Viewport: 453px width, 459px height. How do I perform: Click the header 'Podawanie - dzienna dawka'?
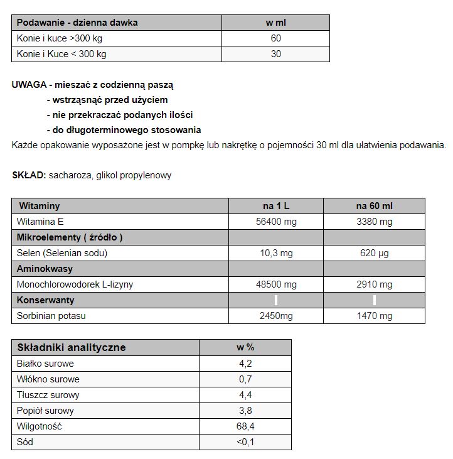pyautogui.click(x=77, y=23)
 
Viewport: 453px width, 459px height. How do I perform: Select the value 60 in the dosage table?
pyautogui.click(x=275, y=38)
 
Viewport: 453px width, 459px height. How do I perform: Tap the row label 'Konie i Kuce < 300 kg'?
pyautogui.click(x=61, y=54)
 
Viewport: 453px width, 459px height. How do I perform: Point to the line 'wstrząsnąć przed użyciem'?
pyautogui.click(x=107, y=100)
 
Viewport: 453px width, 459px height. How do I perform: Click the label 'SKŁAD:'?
pyautogui.click(x=29, y=175)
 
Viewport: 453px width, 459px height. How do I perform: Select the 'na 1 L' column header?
pyautogui.click(x=276, y=206)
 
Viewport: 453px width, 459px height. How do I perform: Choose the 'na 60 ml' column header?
pyautogui.click(x=374, y=206)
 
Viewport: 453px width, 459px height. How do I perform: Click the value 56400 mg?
pyautogui.click(x=276, y=222)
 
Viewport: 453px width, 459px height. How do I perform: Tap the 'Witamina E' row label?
pyautogui.click(x=40, y=222)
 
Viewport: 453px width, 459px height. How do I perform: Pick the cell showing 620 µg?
pyautogui.click(x=374, y=253)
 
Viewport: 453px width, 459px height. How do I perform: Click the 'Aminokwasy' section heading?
pyautogui.click(x=45, y=269)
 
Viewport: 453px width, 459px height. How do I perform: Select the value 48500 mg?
pyautogui.click(x=276, y=284)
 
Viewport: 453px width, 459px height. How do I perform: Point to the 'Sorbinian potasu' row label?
pyautogui.click(x=51, y=316)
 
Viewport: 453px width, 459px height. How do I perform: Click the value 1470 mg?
pyautogui.click(x=374, y=316)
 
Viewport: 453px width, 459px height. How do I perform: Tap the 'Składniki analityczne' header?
pyautogui.click(x=72, y=347)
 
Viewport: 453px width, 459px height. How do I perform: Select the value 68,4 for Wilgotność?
pyautogui.click(x=245, y=426)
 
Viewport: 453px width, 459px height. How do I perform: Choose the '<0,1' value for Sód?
pyautogui.click(x=245, y=442)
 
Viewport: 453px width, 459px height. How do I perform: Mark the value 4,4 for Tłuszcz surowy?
pyautogui.click(x=245, y=395)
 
